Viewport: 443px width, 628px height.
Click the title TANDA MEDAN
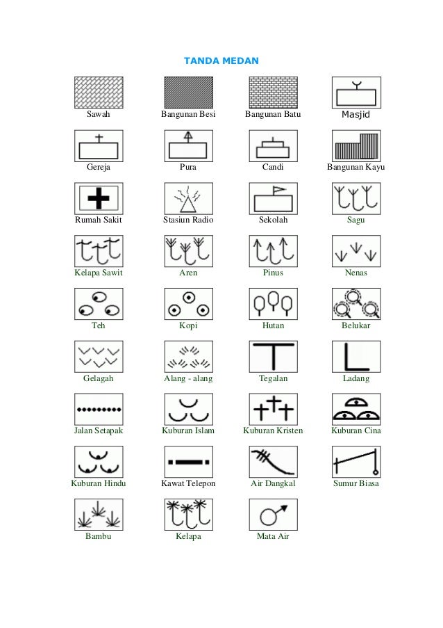(221, 61)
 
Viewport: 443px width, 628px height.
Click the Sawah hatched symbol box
(98, 92)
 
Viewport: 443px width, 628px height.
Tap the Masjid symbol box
(356, 92)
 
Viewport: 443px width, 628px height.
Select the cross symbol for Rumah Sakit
(98, 199)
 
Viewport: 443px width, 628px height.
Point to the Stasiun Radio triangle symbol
(187, 200)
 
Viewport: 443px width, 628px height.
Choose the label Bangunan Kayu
(356, 168)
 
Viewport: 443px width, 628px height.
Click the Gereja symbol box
(98, 146)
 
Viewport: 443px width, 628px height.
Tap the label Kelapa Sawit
(98, 273)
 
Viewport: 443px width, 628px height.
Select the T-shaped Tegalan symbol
(273, 356)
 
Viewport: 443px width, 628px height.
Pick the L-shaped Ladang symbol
(356, 356)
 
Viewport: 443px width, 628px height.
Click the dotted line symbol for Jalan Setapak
(98, 409)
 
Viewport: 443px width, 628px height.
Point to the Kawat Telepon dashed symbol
(187, 461)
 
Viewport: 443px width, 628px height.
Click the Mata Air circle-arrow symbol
(272, 515)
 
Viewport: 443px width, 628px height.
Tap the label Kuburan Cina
(356, 430)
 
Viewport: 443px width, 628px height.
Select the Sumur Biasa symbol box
(356, 462)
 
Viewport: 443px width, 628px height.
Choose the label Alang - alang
(188, 378)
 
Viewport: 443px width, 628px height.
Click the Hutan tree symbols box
(273, 304)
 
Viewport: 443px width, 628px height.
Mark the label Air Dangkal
(273, 483)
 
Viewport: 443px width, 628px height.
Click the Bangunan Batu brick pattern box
(273, 92)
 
